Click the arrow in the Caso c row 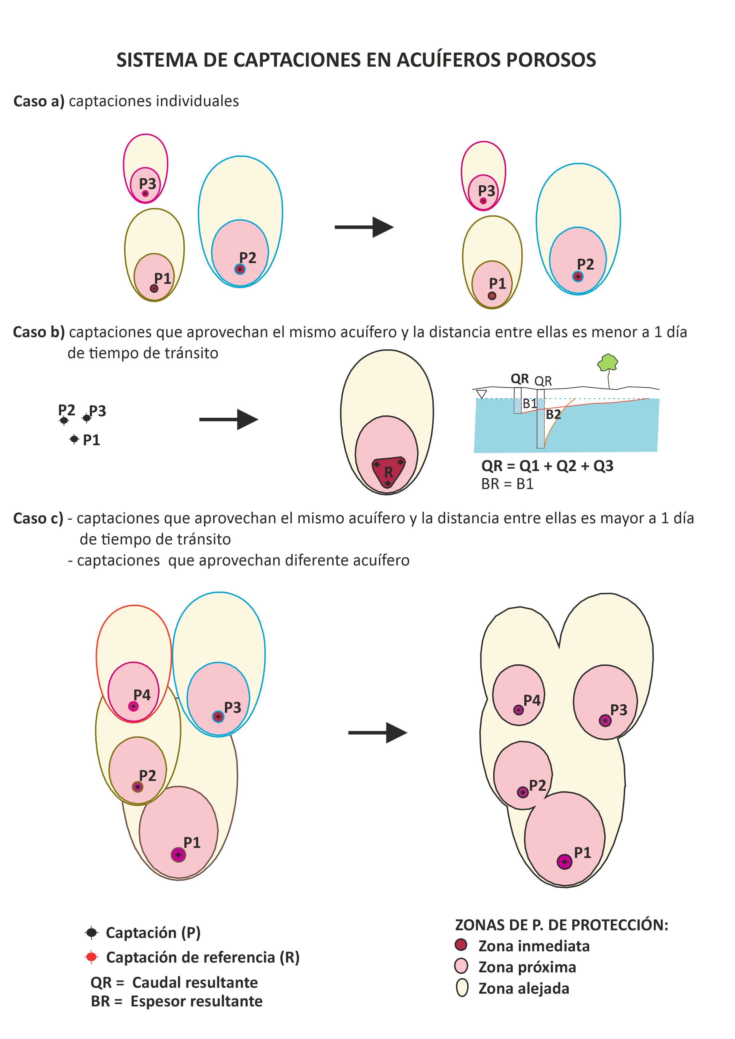point(378,733)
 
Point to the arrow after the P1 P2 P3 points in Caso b point(229,420)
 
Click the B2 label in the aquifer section point(553,414)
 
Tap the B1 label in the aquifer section point(530,403)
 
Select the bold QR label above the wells point(520,378)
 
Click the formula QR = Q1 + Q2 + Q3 point(547,466)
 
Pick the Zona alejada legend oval point(462,988)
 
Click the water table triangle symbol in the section point(482,394)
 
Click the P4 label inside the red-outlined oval point(142,695)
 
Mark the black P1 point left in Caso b point(74,439)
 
